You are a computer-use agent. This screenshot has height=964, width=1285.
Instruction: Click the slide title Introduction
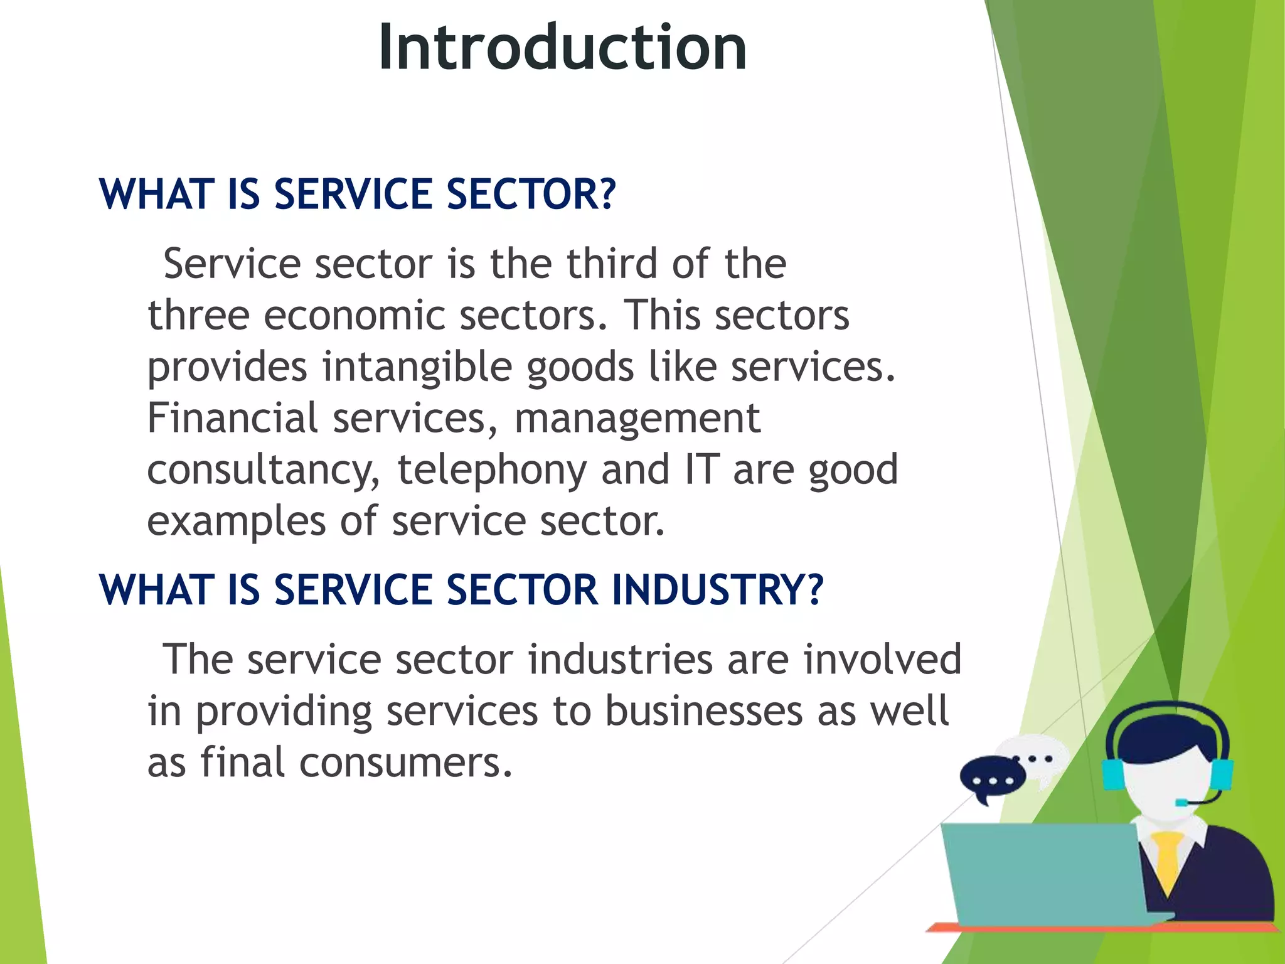pyautogui.click(x=562, y=48)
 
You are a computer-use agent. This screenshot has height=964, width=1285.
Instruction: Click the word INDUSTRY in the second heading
pyautogui.click(x=709, y=590)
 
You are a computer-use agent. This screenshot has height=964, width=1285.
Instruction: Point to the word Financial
pyautogui.click(x=232, y=418)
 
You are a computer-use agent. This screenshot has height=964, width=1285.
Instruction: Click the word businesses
pyautogui.click(x=704, y=712)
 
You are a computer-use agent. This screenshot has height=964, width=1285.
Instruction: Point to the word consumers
pyautogui.click(x=405, y=763)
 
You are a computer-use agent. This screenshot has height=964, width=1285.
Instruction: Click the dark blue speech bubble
pyautogui.click(x=991, y=778)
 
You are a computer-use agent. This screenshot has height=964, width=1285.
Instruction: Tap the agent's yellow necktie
pyautogui.click(x=1167, y=860)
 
